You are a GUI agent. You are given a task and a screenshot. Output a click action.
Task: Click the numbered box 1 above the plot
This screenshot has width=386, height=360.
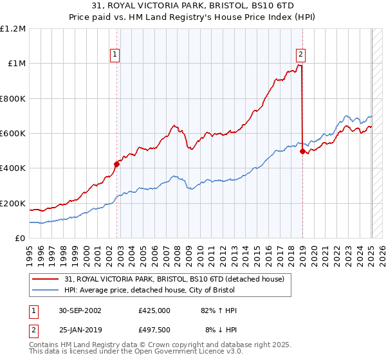click(115, 55)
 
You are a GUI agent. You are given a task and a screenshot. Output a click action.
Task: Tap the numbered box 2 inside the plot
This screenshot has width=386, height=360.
click(300, 55)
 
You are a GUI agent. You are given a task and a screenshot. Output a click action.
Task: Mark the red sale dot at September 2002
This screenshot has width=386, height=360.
click(117, 164)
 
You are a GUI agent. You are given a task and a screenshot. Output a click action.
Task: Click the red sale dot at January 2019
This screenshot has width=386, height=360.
click(302, 151)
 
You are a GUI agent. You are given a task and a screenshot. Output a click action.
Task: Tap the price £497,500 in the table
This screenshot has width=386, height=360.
click(154, 331)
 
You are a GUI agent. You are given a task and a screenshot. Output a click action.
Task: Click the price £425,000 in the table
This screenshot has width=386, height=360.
click(154, 310)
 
